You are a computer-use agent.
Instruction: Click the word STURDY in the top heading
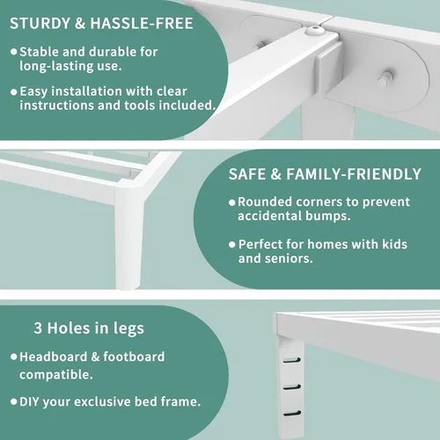tap(40, 24)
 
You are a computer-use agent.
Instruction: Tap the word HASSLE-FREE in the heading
tap(142, 24)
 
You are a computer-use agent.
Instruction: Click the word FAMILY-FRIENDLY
tap(354, 174)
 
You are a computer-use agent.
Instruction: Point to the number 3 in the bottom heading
tap(38, 328)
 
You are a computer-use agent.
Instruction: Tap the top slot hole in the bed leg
tap(292, 360)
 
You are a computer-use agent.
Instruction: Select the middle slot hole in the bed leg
tap(292, 387)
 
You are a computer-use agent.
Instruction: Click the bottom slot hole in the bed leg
tap(292, 414)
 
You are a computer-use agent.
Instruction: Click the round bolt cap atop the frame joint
tap(315, 30)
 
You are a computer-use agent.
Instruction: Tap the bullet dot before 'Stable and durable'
tap(14, 52)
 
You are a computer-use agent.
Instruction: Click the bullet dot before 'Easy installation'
tap(14, 92)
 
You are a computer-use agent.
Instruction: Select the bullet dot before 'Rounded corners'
tap(232, 202)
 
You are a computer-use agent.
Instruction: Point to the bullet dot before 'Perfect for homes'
tap(232, 245)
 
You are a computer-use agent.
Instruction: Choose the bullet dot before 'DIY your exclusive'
tap(14, 401)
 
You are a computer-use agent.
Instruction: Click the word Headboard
tap(54, 357)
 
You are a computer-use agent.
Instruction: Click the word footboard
tap(134, 357)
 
